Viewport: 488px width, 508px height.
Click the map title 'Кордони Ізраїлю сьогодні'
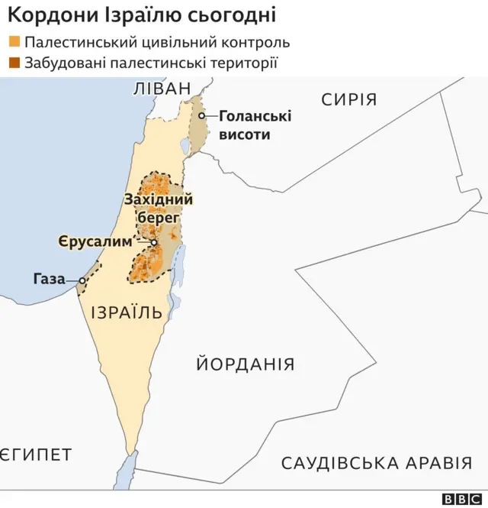click(x=142, y=15)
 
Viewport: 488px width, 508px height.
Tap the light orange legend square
click(x=14, y=43)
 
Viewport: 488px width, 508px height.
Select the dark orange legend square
click(x=14, y=63)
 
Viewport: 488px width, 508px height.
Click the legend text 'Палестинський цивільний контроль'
click(x=156, y=43)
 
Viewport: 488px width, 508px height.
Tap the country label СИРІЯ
click(x=348, y=99)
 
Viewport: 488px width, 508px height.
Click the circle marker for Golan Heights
click(x=203, y=116)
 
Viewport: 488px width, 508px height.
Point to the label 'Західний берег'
click(x=158, y=208)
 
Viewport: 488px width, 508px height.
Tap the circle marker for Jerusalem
click(x=153, y=243)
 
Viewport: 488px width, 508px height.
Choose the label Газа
click(x=49, y=280)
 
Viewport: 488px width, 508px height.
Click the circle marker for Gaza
click(x=81, y=280)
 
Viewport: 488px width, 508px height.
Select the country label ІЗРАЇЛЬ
click(x=126, y=312)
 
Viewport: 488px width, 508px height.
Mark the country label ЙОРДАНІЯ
click(x=245, y=364)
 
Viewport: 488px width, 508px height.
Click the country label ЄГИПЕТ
click(x=36, y=455)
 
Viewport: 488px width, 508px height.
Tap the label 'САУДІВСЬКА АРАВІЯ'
click(x=376, y=463)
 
